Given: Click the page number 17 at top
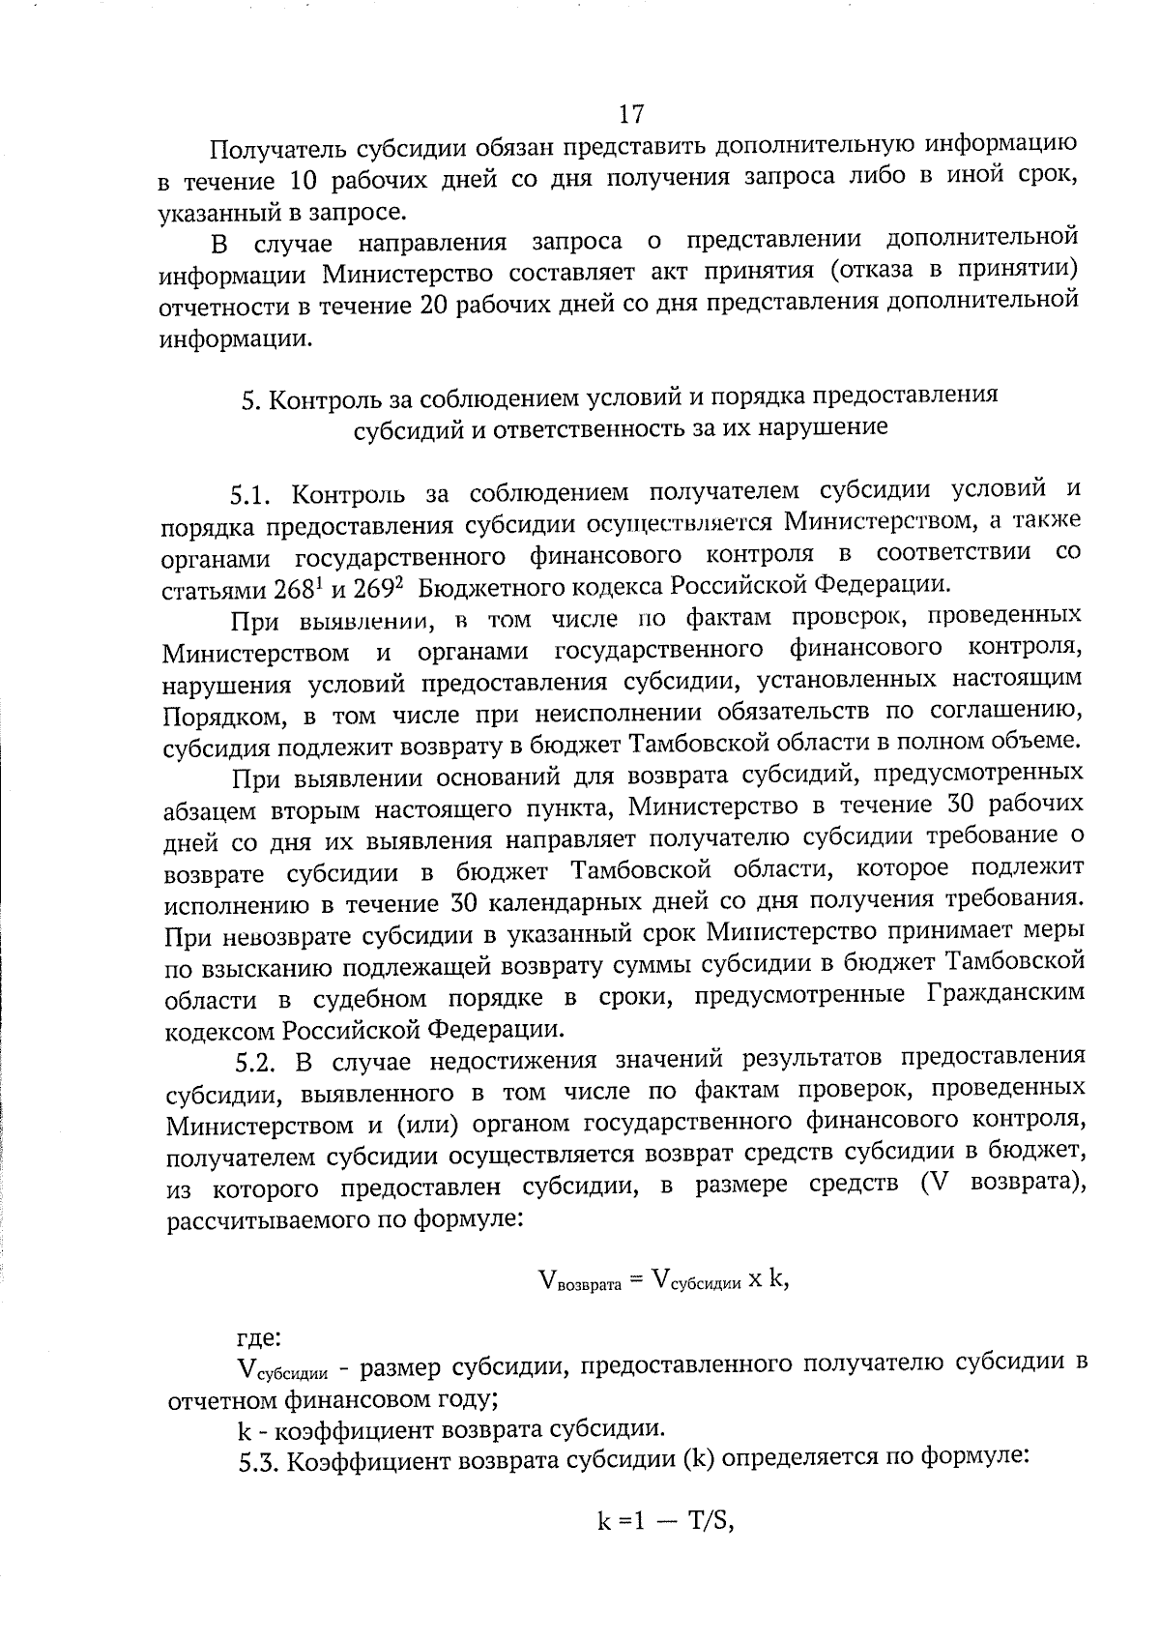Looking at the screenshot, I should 629,114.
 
